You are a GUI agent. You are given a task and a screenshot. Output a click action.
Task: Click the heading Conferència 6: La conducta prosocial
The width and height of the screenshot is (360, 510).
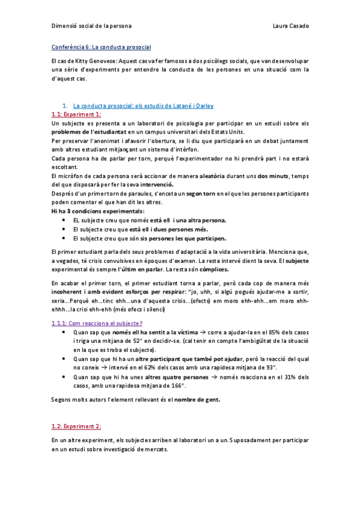101,47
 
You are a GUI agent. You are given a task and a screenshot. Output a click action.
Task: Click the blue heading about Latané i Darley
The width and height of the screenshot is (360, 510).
143,105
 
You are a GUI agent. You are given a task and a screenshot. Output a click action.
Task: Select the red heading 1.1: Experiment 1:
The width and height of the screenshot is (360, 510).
76,114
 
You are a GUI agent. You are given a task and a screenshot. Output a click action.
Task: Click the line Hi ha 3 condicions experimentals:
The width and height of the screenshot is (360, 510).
98,211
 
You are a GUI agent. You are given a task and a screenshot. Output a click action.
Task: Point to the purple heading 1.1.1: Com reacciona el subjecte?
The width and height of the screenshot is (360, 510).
97,323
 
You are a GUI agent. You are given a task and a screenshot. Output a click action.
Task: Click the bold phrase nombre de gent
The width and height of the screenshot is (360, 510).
195,399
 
